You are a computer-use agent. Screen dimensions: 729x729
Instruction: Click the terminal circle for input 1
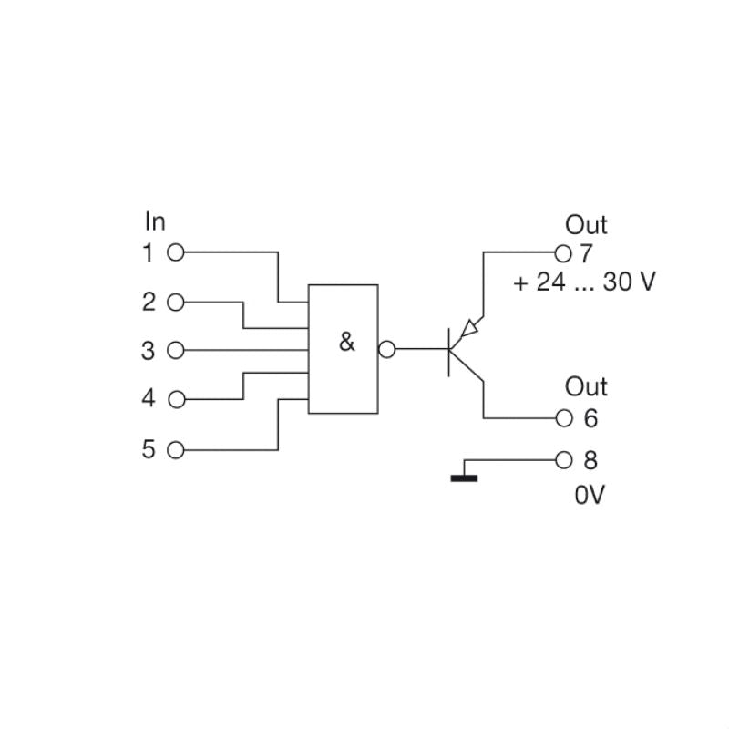177,252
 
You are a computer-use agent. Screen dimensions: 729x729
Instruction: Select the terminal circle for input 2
177,302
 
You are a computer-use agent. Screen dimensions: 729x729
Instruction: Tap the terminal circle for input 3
177,350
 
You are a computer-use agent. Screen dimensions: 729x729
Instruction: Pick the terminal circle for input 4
177,399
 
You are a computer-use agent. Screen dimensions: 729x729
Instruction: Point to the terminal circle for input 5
177,449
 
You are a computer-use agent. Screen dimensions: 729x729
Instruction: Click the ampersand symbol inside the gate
346,344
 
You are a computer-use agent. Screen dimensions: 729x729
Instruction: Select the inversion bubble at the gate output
387,349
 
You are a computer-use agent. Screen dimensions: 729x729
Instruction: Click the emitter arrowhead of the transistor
469,327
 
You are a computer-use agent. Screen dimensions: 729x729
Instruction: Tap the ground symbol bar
464,477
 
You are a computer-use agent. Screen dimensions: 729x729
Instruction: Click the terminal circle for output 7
562,252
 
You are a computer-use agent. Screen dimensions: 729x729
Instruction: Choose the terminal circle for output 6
562,418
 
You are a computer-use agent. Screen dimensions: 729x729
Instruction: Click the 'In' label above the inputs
155,221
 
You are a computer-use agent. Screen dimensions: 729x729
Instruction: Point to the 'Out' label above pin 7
586,224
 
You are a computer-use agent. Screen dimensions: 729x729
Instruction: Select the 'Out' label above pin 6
586,386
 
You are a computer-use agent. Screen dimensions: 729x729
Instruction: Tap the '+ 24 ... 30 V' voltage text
584,282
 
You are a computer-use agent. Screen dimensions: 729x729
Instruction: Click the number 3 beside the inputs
149,351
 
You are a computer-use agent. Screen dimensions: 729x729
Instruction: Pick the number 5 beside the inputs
149,450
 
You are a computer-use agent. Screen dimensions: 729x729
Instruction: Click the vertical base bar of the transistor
449,349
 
